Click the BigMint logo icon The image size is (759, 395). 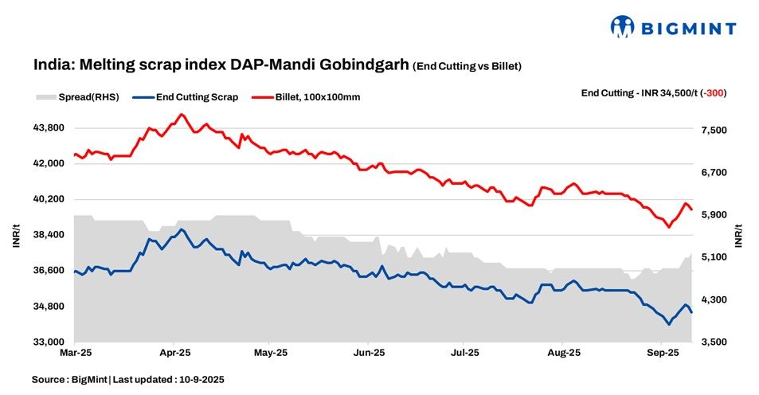pyautogui.click(x=623, y=27)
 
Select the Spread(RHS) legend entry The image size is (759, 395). pyautogui.click(x=77, y=97)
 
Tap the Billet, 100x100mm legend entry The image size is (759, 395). pyautogui.click(x=315, y=97)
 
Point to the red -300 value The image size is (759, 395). pyautogui.click(x=714, y=92)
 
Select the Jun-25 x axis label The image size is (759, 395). pyautogui.click(x=369, y=352)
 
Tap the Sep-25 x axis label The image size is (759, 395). pyautogui.click(x=661, y=352)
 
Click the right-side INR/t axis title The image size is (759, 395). pyautogui.click(x=738, y=235)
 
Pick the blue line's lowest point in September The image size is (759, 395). pyautogui.click(x=668, y=324)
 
